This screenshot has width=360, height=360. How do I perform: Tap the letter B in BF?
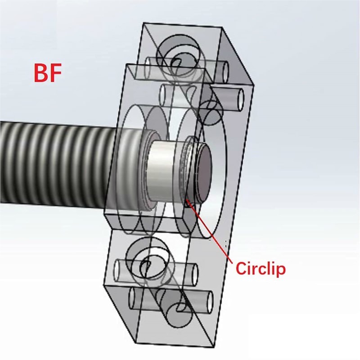(40, 73)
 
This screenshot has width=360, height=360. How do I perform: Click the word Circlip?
(261, 269)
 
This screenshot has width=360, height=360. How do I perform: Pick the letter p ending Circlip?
(281, 270)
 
